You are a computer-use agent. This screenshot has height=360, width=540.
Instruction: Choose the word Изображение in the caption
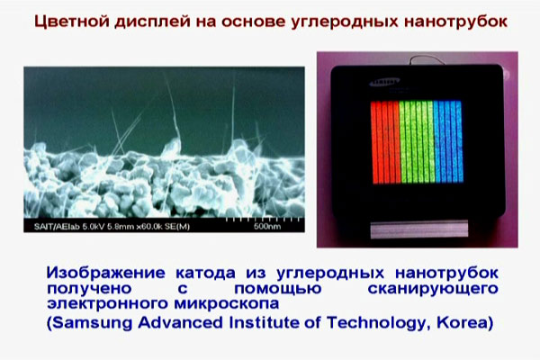[x=107, y=273]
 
